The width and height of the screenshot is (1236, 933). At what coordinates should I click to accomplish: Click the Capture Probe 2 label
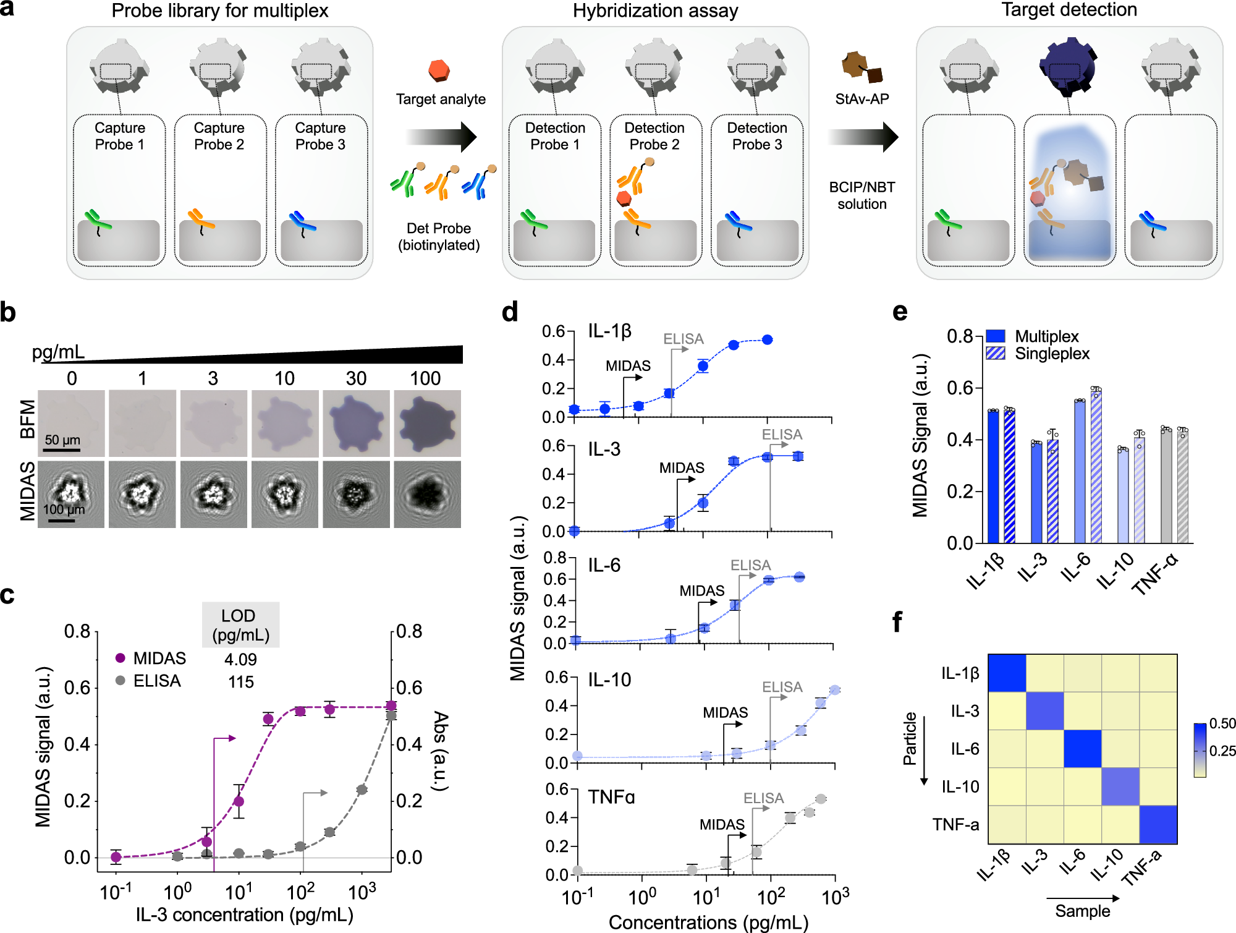[x=219, y=136]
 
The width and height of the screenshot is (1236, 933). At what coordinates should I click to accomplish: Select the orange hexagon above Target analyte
[x=439, y=70]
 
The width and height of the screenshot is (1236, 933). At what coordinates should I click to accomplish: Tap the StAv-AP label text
[x=861, y=99]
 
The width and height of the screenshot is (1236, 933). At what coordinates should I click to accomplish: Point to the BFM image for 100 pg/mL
[x=428, y=424]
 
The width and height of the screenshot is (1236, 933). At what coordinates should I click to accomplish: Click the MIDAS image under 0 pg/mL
[x=71, y=495]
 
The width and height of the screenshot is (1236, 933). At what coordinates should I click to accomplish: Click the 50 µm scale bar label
[x=62, y=440]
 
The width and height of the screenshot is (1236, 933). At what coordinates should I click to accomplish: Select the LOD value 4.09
[x=240, y=659]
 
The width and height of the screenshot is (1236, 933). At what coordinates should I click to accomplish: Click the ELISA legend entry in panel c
[x=156, y=681]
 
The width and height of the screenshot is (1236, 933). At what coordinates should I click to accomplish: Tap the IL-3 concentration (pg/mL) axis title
[x=245, y=915]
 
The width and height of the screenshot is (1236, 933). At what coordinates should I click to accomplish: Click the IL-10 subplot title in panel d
[x=609, y=680]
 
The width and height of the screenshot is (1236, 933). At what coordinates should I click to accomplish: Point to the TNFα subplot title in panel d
[x=611, y=797]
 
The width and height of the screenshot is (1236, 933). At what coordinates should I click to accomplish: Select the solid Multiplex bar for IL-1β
[x=993, y=477]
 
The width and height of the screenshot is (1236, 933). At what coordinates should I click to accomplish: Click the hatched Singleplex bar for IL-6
[x=1096, y=467]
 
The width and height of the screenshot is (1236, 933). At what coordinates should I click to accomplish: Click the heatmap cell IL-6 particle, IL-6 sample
[x=1083, y=749]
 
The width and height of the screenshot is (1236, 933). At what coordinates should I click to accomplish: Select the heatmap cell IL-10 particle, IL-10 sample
[x=1120, y=786]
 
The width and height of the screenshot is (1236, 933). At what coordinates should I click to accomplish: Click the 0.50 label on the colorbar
[x=1222, y=723]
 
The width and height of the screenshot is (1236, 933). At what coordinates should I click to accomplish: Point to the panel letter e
[x=900, y=313]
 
